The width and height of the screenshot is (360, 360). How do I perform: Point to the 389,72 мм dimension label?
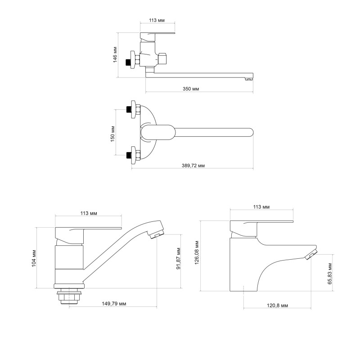192,166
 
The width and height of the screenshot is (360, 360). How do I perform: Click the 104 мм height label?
34,257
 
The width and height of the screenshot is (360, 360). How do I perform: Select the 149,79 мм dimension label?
114,304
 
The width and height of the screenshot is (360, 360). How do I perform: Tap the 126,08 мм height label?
197,252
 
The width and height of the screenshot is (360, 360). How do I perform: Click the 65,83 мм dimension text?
329,274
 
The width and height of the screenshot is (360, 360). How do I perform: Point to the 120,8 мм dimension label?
278,306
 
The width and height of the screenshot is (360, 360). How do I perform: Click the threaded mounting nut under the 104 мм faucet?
69,297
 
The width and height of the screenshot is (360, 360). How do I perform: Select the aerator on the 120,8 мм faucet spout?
311,255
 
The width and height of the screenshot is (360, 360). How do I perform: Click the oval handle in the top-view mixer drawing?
157,133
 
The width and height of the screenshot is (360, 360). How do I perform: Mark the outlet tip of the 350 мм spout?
247,80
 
